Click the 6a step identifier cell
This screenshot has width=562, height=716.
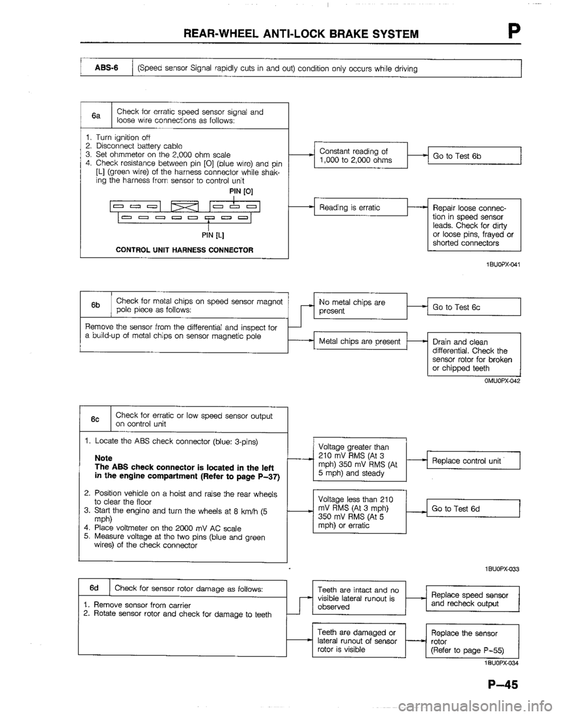98,117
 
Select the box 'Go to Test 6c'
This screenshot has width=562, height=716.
474,306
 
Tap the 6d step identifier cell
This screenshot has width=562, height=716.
94,588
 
